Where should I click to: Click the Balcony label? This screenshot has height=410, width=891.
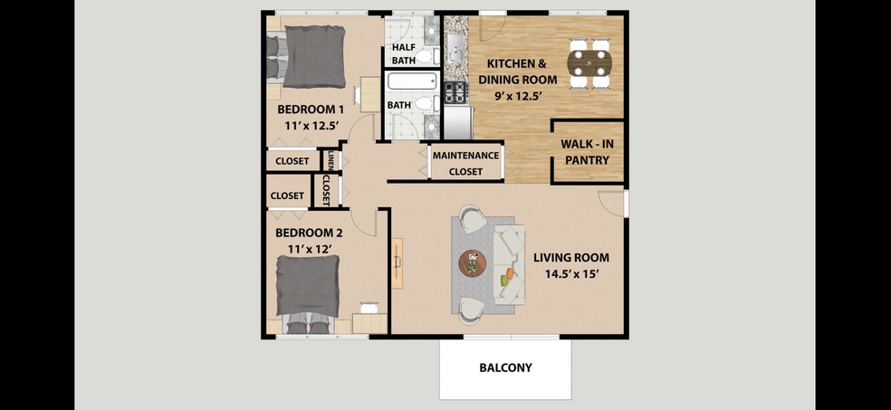[506, 367]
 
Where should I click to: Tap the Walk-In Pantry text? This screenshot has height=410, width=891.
[587, 152]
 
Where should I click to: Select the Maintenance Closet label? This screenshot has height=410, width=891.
[466, 163]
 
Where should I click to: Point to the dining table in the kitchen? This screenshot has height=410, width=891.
[589, 62]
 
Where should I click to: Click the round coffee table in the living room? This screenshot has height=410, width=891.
[472, 263]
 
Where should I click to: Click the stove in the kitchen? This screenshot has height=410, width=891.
[455, 92]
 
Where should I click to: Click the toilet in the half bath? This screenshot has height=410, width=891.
[427, 56]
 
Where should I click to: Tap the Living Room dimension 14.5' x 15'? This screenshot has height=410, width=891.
[570, 273]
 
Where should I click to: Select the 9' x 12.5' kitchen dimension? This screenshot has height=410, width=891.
[517, 96]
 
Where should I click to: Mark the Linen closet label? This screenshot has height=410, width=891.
[330, 161]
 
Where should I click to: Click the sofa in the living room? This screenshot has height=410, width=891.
[510, 264]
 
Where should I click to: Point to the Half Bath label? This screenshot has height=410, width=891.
[404, 54]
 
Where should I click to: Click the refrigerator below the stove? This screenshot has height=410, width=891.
[458, 123]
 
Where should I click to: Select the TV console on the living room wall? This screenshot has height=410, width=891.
[398, 262]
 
